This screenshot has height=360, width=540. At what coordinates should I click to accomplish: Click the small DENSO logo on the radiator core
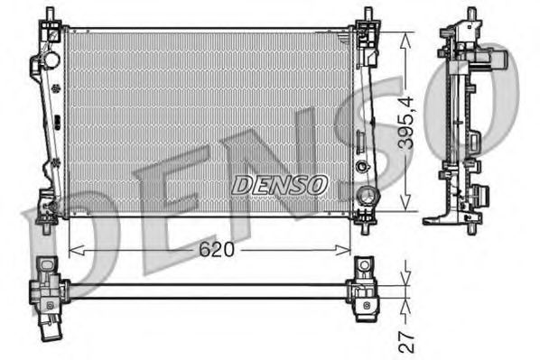(x=279, y=184)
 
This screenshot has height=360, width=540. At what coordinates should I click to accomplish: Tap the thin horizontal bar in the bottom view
(x=208, y=289)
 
